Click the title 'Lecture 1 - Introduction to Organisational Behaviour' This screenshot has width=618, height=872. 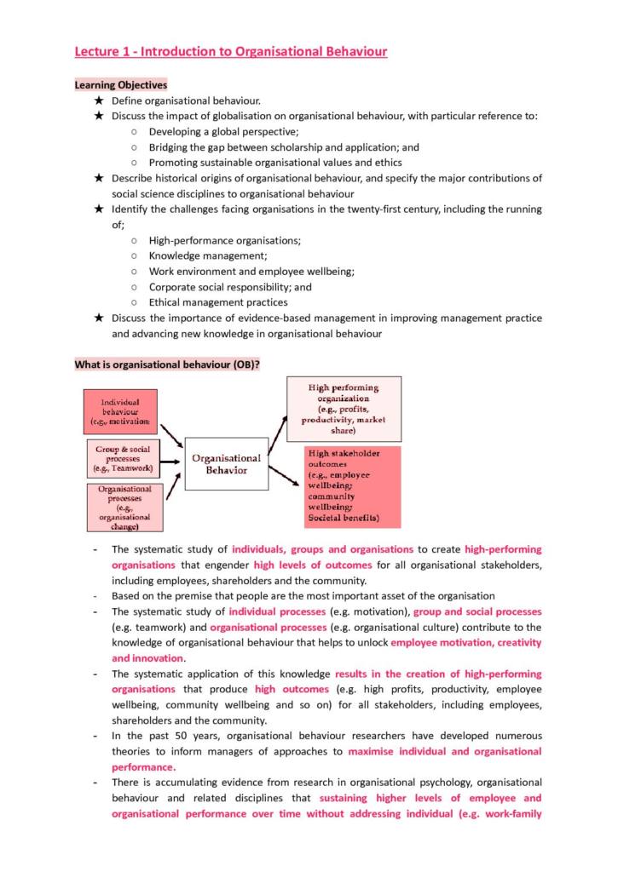pyautogui.click(x=230, y=52)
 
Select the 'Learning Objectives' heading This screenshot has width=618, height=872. pyautogui.click(x=120, y=85)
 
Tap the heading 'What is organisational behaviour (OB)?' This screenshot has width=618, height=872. pyautogui.click(x=167, y=364)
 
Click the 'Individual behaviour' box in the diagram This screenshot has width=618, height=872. pyautogui.click(x=120, y=410)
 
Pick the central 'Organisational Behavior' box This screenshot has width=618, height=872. pyautogui.click(x=226, y=464)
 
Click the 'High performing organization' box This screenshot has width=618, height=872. pyautogui.click(x=343, y=409)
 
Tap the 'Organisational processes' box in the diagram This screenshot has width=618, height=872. pyautogui.click(x=124, y=508)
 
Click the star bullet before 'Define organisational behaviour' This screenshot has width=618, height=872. pyautogui.click(x=99, y=100)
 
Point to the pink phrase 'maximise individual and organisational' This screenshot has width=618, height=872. pyautogui.click(x=444, y=751)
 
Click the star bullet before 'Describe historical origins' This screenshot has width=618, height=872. pyautogui.click(x=99, y=178)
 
